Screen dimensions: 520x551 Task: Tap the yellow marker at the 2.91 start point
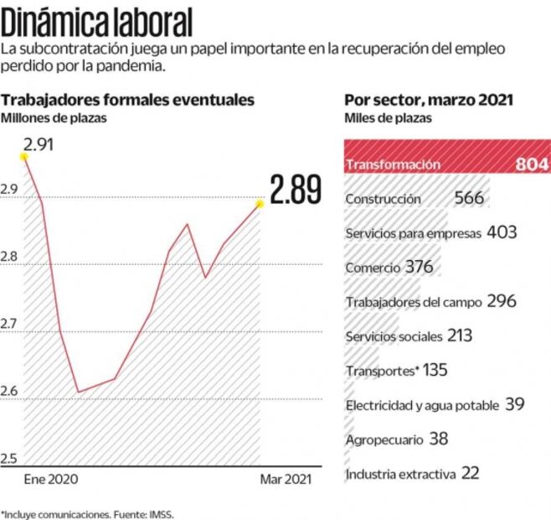click(x=24, y=156)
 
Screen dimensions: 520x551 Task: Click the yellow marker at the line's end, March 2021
click(x=260, y=203)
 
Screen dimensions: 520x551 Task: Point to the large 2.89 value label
click(x=296, y=190)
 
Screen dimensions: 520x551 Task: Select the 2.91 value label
click(x=39, y=143)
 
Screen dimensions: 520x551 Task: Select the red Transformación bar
click(x=446, y=164)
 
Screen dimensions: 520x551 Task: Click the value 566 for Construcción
click(x=470, y=199)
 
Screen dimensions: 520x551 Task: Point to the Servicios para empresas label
click(x=413, y=233)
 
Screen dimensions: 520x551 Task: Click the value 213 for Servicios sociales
click(x=459, y=336)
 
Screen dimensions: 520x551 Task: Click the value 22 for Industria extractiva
click(x=470, y=474)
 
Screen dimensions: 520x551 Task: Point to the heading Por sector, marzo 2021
click(x=429, y=100)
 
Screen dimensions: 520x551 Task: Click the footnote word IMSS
click(x=163, y=512)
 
